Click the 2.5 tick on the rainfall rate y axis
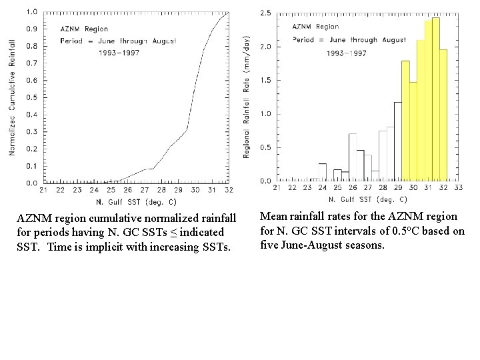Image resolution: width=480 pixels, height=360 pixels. pos(265,13)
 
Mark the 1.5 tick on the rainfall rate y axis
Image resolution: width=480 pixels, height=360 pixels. pos(265,81)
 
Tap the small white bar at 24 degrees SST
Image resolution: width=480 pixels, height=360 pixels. pos(323,172)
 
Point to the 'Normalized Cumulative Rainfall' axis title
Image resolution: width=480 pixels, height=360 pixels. pos(11,97)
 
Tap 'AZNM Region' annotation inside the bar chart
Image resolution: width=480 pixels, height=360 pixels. pos(316,27)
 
